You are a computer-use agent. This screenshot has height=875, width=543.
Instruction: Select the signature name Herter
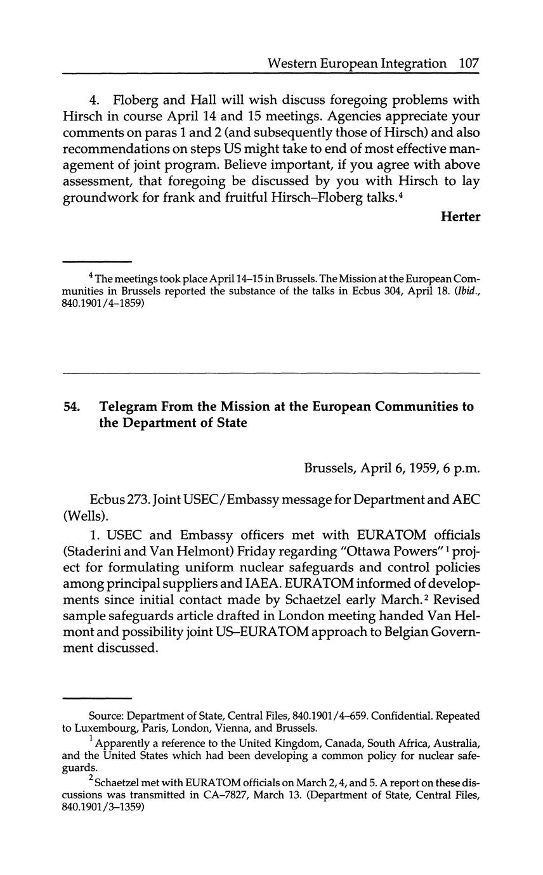point(461,217)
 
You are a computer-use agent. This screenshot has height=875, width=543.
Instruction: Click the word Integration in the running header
point(410,63)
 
